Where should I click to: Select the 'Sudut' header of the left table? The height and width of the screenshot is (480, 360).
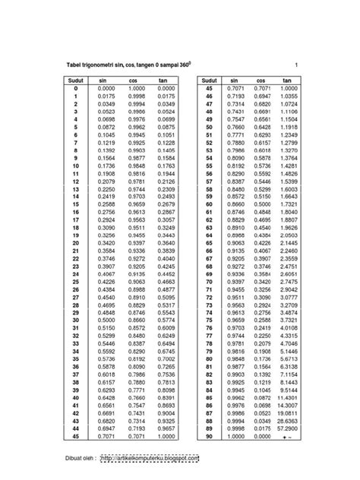tap(77, 79)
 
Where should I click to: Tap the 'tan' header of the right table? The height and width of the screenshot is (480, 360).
tap(287, 79)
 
